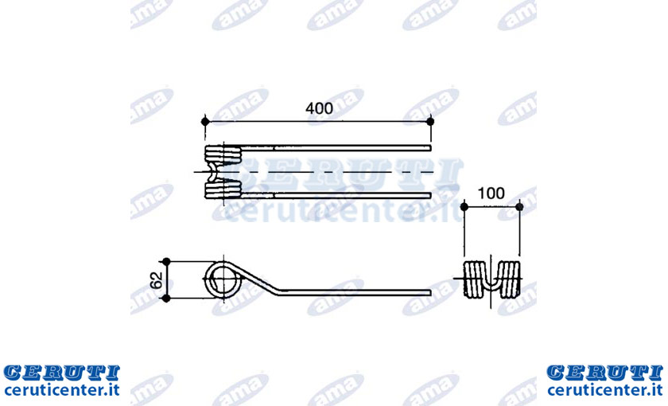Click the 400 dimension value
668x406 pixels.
[x=319, y=108]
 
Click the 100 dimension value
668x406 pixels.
[x=491, y=193]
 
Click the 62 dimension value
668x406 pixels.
[x=157, y=279]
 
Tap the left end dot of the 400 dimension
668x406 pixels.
[x=205, y=122]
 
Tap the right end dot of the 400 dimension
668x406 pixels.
[x=430, y=122]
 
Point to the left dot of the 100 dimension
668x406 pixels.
[x=464, y=207]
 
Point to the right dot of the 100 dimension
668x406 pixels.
[x=519, y=207]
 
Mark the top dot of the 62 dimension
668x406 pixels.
[x=166, y=261]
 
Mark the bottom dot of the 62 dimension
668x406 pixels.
[x=166, y=298]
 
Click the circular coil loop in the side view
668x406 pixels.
[x=206, y=279]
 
